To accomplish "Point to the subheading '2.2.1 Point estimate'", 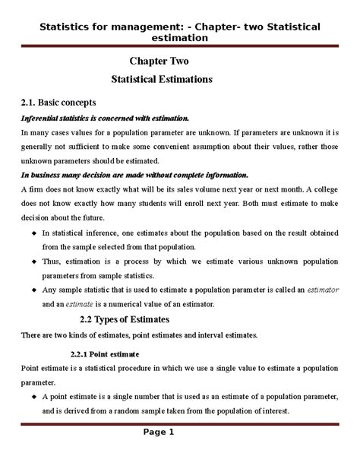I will pos(110,353).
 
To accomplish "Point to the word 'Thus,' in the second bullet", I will pos(51,262).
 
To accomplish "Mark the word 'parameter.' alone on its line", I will pos(39,382).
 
